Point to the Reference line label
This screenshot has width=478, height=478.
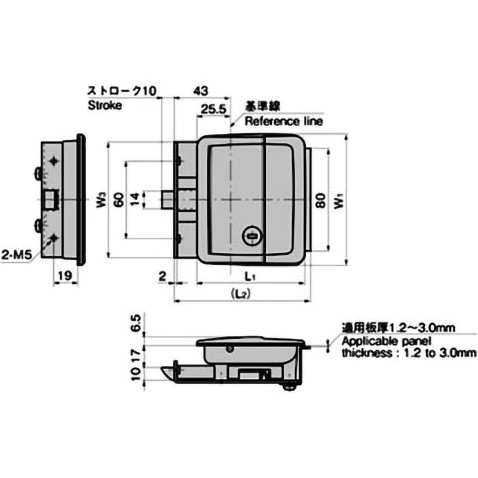tap(283, 121)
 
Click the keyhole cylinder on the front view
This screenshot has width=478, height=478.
tap(251, 237)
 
